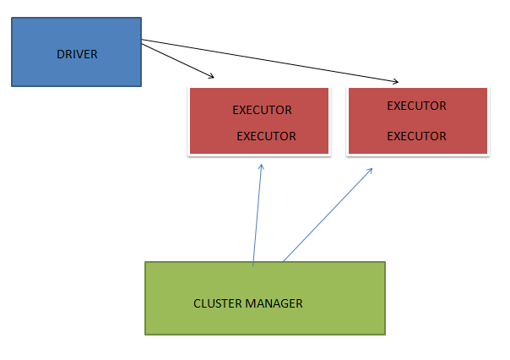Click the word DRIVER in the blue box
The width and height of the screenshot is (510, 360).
click(77, 55)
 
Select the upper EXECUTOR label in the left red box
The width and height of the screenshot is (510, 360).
click(262, 110)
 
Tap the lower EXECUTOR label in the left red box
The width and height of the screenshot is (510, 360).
click(266, 136)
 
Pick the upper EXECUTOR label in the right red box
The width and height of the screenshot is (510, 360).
click(416, 106)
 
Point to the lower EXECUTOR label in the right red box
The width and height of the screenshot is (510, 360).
click(416, 136)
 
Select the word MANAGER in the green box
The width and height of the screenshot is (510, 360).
click(274, 303)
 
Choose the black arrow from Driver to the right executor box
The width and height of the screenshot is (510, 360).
click(270, 61)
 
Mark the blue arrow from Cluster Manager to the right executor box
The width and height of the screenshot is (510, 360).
click(328, 215)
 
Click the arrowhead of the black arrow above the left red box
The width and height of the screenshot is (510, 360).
click(212, 77)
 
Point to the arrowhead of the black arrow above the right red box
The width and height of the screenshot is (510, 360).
click(395, 82)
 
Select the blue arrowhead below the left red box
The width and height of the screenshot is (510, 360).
click(261, 166)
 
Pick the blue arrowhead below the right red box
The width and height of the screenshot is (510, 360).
click(371, 170)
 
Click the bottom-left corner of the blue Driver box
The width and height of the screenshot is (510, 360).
click(12, 86)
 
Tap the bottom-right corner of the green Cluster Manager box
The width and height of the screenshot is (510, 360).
click(385, 334)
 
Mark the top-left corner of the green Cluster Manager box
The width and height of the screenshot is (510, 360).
click(145, 262)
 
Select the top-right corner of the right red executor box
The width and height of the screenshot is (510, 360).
click(488, 88)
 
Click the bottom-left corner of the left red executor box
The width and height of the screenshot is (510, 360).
click(190, 154)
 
